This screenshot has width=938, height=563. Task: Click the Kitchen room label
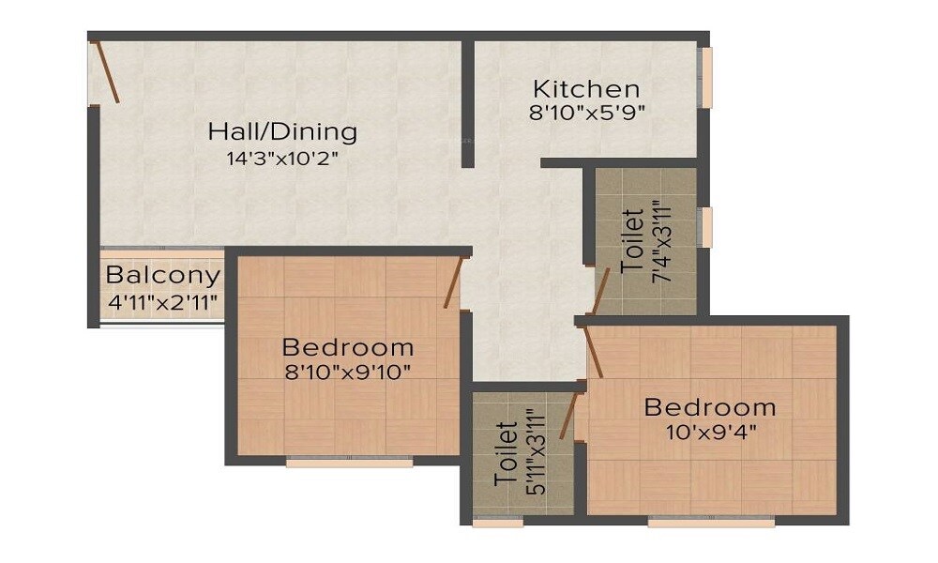point(586,89)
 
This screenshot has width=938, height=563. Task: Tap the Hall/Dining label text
point(282,130)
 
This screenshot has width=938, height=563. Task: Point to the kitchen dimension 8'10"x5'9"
point(586,113)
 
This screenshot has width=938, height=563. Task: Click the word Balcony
point(162,276)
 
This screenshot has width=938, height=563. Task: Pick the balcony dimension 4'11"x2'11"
point(162,302)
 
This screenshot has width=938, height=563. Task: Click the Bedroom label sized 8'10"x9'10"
point(348,346)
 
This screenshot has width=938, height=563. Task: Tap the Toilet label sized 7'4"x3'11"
point(633,242)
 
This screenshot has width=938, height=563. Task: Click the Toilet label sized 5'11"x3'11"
point(506,454)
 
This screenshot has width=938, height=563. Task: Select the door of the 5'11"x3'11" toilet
point(567,417)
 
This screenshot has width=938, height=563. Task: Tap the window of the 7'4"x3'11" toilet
point(708,227)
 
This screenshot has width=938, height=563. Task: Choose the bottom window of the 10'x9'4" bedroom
point(711,522)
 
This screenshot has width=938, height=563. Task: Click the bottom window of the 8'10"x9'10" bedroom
point(349,463)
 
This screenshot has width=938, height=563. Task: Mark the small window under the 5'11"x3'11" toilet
point(497,523)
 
